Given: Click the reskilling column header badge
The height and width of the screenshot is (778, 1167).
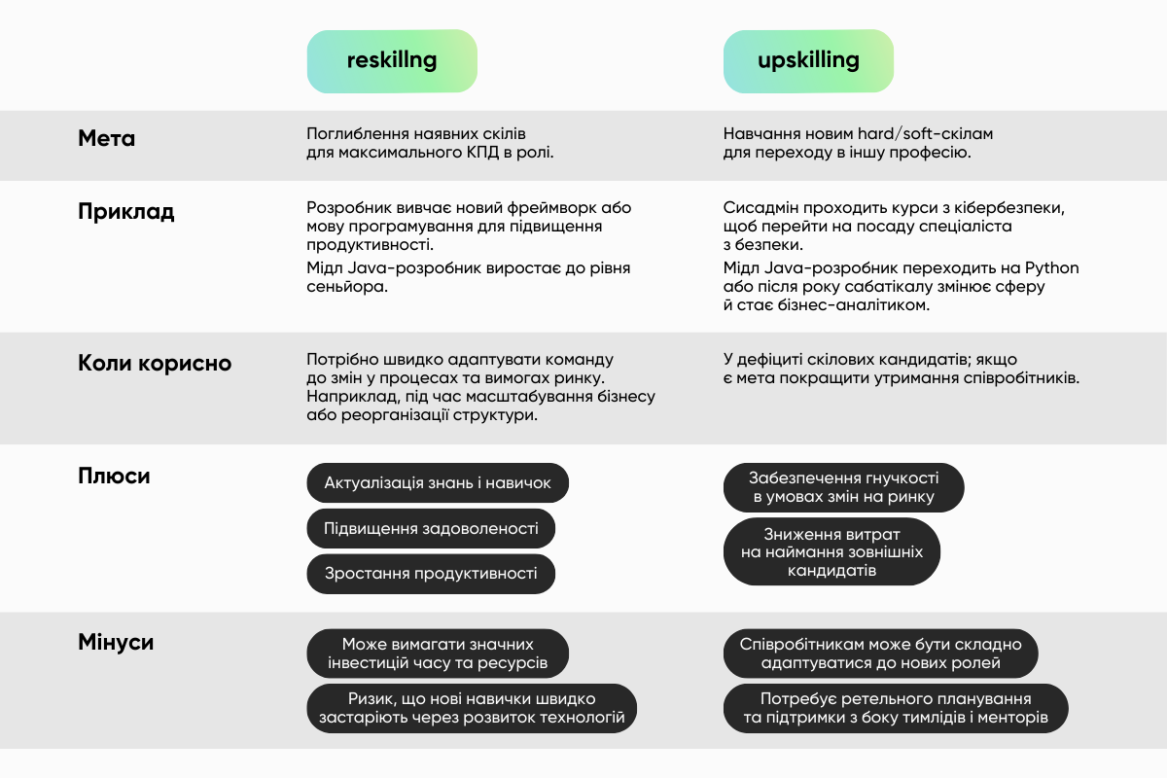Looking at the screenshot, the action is [x=392, y=61].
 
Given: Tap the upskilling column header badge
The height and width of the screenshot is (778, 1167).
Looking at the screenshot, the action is [x=808, y=61].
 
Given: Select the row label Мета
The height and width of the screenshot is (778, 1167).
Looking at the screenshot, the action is [x=107, y=139].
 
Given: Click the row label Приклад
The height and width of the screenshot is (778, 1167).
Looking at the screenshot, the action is [x=126, y=212].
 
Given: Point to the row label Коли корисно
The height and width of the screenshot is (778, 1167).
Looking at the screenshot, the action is [x=155, y=364].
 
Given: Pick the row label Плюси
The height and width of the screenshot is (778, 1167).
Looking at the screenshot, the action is [x=115, y=477].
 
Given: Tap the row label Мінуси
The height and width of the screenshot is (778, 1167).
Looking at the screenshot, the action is [x=116, y=643].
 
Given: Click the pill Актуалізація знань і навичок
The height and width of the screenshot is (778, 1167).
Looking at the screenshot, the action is [x=438, y=483].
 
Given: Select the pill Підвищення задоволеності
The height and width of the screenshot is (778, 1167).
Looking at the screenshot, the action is [x=431, y=529].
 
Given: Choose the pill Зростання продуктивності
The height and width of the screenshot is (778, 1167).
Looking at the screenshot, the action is [x=431, y=574].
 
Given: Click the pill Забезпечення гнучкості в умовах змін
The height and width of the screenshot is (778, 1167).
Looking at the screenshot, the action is [x=843, y=487].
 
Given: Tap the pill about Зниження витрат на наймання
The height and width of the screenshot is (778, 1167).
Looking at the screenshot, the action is [x=831, y=552].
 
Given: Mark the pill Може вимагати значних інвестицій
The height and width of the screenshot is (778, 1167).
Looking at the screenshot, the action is [x=438, y=654].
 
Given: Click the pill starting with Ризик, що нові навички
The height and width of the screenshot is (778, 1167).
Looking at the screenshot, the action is [x=472, y=709].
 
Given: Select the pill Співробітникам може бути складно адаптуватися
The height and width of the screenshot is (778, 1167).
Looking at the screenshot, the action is [x=880, y=654].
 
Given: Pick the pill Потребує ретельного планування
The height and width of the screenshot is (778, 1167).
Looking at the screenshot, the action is [x=896, y=709].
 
